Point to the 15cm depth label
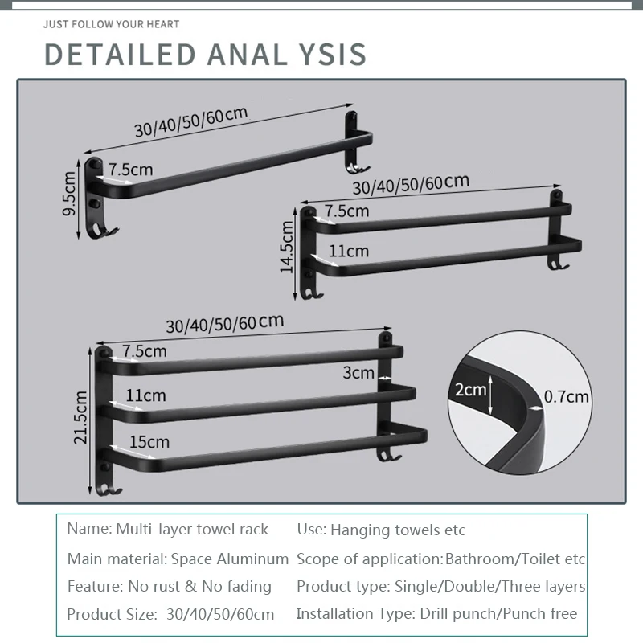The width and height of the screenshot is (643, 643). coord(150,441)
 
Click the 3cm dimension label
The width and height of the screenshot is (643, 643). coord(358,373)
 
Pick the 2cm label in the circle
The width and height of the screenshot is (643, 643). coord(472,391)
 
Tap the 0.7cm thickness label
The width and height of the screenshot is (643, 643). coord(567,396)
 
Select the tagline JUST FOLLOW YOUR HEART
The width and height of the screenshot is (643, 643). coord(112,24)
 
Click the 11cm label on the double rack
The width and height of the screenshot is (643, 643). coord(349,252)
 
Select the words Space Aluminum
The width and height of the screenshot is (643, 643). coord(229,559)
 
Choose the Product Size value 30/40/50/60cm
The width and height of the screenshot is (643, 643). coord(219,615)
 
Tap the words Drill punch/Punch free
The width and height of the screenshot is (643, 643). coord(498,614)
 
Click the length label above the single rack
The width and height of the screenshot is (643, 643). coord(190,122)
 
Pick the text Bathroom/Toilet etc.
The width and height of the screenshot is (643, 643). coord(516,559)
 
